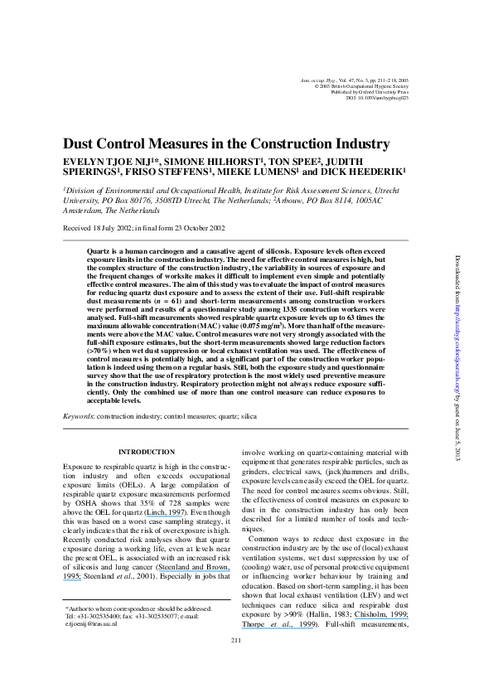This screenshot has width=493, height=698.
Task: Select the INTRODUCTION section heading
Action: pyautogui.click(x=146, y=451)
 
